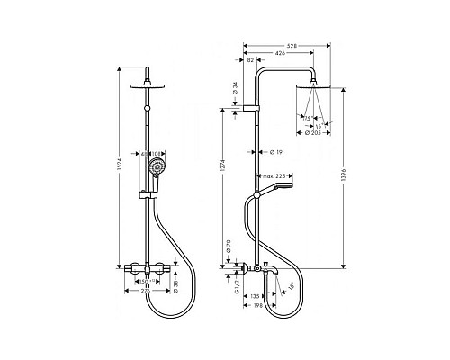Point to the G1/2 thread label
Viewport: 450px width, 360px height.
tap(232, 281)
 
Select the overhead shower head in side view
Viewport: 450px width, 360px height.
tap(317, 86)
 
